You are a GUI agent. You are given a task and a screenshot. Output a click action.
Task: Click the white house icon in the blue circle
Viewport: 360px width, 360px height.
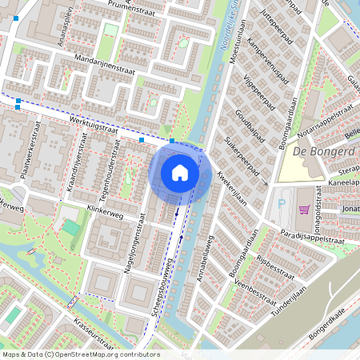point(180,172)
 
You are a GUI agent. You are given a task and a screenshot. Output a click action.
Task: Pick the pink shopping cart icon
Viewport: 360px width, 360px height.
point(304,210)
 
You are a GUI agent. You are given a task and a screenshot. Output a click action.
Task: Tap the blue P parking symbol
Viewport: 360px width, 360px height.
point(281,204)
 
